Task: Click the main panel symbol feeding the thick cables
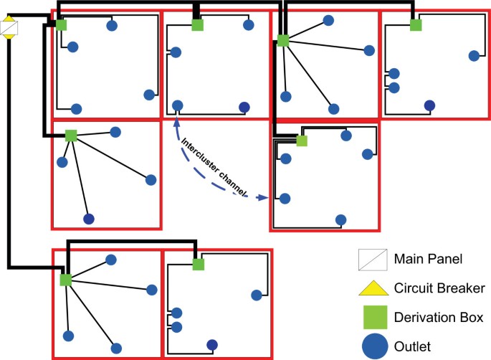point(10,29)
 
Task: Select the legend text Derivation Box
point(432,317)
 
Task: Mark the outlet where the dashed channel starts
point(177,107)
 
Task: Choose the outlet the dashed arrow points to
point(285,198)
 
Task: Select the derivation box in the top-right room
point(416,25)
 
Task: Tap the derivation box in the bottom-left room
point(65,279)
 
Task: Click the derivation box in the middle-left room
point(71,135)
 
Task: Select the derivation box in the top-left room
point(62,25)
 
